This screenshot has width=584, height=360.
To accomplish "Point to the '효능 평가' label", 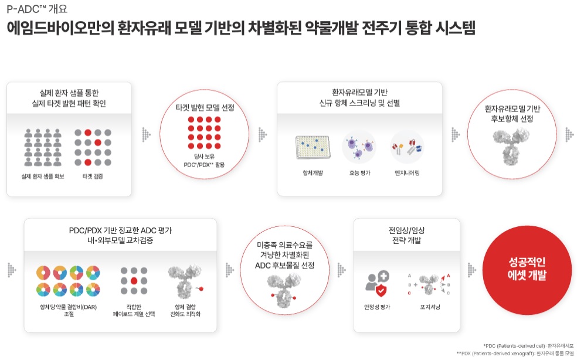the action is [359, 173].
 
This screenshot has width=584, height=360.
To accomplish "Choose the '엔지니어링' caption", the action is [407, 173].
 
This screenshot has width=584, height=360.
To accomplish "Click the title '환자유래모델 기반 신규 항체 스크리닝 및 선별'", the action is [359, 97].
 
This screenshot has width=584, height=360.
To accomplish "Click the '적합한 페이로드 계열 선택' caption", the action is [134, 310].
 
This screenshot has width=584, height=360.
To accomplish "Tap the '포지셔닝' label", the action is [430, 307].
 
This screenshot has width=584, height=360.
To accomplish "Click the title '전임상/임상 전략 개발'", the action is [406, 235].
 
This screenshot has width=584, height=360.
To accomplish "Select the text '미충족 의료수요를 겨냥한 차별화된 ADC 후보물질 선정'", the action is [285, 255].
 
